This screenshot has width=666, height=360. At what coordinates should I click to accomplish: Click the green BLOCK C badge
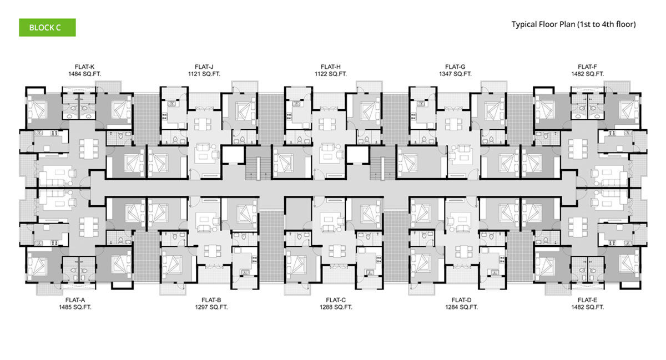click(x=47, y=28)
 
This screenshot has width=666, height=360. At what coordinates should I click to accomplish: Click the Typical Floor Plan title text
click(x=573, y=24)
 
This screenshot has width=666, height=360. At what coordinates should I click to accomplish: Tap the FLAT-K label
click(x=84, y=67)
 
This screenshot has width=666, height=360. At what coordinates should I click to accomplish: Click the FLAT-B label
click(x=211, y=300)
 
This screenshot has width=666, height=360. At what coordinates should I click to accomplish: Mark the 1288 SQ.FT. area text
click(x=336, y=307)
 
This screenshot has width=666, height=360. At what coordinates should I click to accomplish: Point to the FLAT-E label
click(x=587, y=300)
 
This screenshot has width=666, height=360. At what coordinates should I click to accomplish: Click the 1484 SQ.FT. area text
click(x=84, y=74)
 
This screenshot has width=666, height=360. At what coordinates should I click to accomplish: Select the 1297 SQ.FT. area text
click(x=211, y=307)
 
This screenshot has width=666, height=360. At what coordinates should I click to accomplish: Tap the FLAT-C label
click(x=336, y=300)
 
